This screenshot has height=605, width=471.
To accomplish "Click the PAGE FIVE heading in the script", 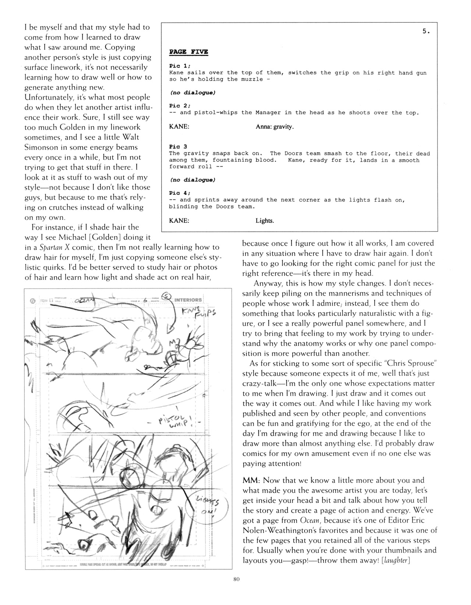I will coord(188,52).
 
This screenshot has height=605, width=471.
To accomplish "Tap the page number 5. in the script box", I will coord(426,32).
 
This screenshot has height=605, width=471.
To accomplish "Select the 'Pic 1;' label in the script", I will coord(180,66).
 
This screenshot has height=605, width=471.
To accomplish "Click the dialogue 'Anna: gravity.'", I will coord(275,127).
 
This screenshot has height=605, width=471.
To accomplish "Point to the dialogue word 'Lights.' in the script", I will coord(265,221).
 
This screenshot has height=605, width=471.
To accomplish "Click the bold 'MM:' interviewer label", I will coord(251,480).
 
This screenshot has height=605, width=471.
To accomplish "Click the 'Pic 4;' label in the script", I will coord(179,193).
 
